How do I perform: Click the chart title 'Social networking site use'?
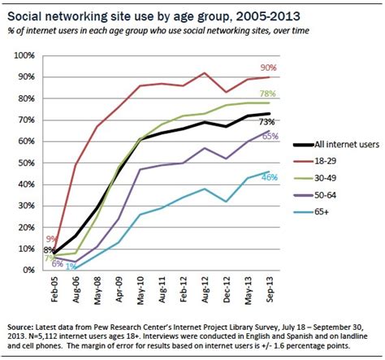point(130,11)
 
